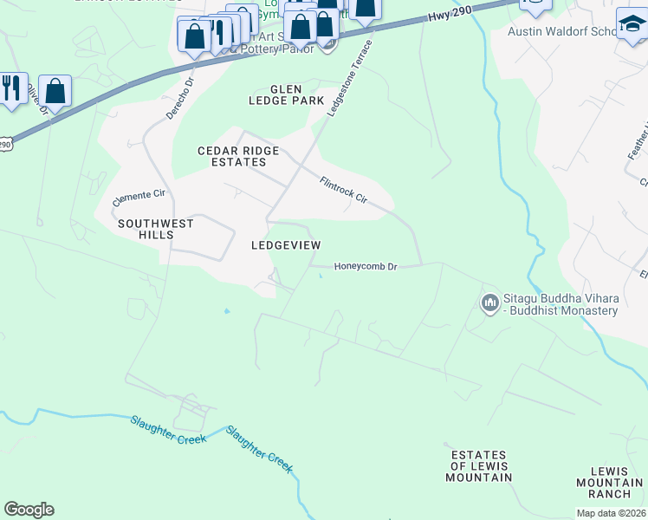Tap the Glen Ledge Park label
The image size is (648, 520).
click(285, 94)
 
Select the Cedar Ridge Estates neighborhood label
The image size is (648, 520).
click(238, 156)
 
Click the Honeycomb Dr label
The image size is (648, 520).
click(365, 267)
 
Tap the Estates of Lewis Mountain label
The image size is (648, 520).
click(479, 466)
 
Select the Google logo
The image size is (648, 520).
click(29, 510)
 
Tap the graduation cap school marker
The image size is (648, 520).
click(632, 24)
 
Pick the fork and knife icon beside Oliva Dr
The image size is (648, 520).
click(12, 88)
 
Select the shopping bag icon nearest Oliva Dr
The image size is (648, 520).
click(55, 91)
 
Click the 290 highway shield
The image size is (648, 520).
click(5, 145)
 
